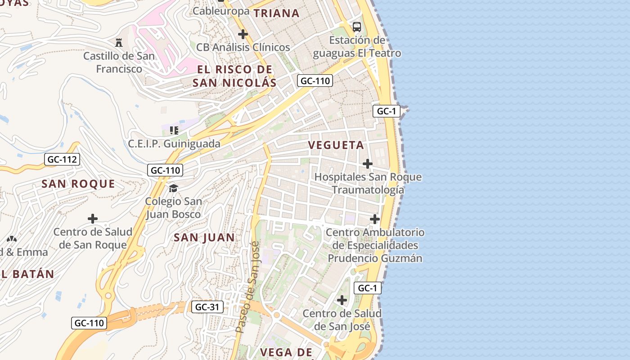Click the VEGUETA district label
click(x=336, y=145)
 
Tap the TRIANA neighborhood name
click(x=277, y=13)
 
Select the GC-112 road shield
click(x=63, y=159)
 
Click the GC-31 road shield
click(x=207, y=307)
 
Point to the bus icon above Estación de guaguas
click(x=357, y=27)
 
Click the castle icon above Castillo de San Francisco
click(x=119, y=43)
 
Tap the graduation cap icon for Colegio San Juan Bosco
click(x=173, y=188)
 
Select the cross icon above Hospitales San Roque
click(x=368, y=163)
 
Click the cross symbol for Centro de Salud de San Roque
click(x=93, y=219)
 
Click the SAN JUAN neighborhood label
click(x=204, y=238)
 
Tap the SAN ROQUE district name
click(x=78, y=184)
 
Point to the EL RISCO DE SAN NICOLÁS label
click(x=234, y=76)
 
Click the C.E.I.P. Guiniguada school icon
click(x=174, y=130)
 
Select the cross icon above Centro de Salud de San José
click(x=342, y=300)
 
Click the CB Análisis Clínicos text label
click(x=243, y=47)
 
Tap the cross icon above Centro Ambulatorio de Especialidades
click(x=375, y=219)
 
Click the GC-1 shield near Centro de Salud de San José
click(x=368, y=288)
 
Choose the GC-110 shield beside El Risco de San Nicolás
click(x=315, y=81)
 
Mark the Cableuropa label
click(x=221, y=11)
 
